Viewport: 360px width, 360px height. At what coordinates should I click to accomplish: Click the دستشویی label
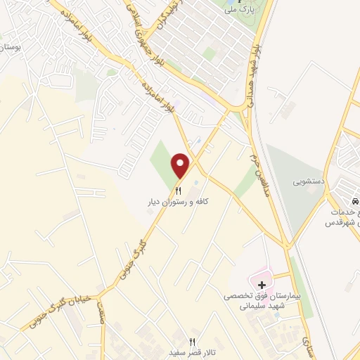[309, 181]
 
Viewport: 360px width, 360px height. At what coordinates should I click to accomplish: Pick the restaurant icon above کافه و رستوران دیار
[178, 190]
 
